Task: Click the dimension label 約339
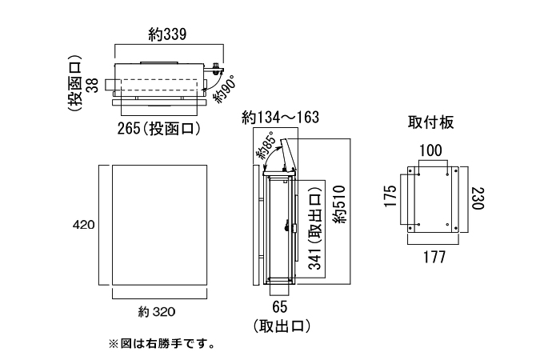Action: point(167,34)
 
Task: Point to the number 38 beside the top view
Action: point(92,82)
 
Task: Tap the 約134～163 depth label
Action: point(281,118)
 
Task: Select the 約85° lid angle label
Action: point(266,146)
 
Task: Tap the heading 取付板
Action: point(431,122)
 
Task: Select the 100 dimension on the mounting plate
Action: point(432,150)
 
